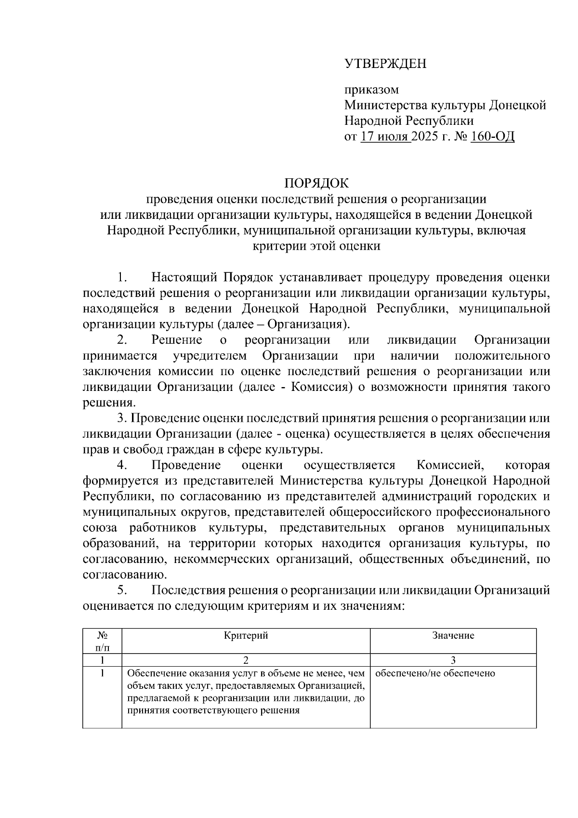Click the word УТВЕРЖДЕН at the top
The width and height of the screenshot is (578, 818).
[x=385, y=64]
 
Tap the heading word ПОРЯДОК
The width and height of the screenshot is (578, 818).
[x=316, y=183]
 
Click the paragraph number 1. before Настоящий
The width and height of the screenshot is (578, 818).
[x=122, y=278]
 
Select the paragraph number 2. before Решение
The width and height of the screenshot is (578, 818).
[x=122, y=340]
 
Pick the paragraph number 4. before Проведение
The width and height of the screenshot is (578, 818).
[x=122, y=465]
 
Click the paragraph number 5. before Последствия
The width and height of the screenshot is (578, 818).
[x=122, y=590]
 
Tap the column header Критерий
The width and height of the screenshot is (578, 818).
[x=246, y=635]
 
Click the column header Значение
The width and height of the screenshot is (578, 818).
[x=453, y=635]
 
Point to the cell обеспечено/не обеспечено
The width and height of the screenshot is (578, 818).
[x=435, y=673]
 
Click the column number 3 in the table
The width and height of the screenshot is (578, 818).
[x=453, y=660]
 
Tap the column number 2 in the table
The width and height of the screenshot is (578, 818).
[x=246, y=660]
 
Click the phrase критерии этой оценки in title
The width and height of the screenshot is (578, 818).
[x=316, y=246]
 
